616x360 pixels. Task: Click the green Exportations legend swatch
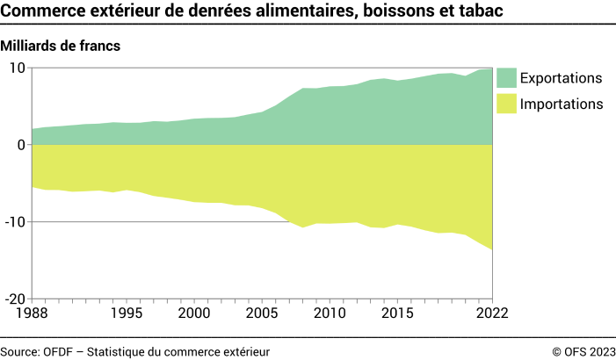[x=507, y=77]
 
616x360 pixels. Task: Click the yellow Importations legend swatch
[x=507, y=104]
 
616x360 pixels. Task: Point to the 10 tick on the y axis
[x=17, y=68]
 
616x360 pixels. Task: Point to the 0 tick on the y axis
[x=20, y=145]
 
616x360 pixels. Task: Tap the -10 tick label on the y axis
[x=14, y=222]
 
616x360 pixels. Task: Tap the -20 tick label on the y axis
[x=14, y=299]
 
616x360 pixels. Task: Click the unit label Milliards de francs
[x=61, y=45]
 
